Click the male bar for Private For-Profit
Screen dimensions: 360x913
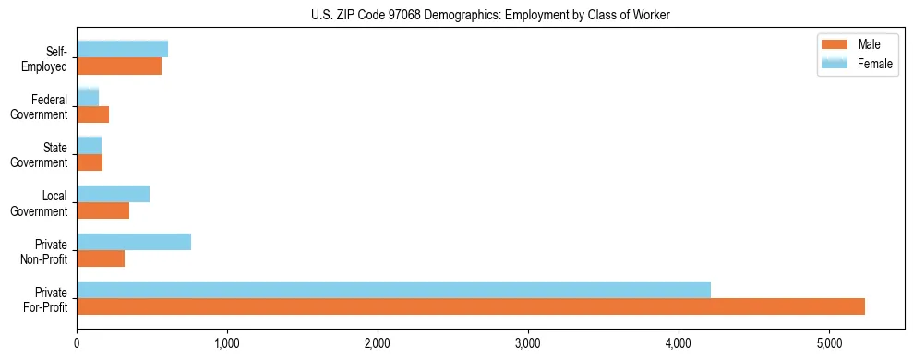pyautogui.click(x=471, y=306)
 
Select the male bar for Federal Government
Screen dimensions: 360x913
pyautogui.click(x=92, y=114)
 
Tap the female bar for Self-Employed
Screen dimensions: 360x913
pyautogui.click(x=122, y=49)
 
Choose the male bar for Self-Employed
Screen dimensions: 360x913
pyautogui.click(x=119, y=66)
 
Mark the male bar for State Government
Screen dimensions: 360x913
pyautogui.click(x=90, y=162)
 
